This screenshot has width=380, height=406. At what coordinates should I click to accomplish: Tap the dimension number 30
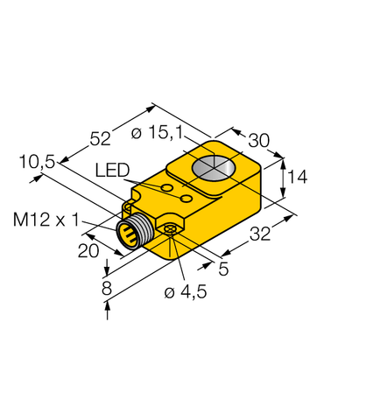click(x=258, y=140)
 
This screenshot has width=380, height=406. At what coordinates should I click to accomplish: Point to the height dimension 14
click(x=297, y=178)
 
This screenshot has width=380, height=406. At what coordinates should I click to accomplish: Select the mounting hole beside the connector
click(x=170, y=229)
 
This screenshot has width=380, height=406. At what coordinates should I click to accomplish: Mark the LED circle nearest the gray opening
click(x=186, y=200)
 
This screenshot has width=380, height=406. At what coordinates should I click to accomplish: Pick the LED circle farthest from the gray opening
click(x=166, y=188)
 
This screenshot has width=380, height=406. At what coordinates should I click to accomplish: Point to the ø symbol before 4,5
click(x=170, y=294)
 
